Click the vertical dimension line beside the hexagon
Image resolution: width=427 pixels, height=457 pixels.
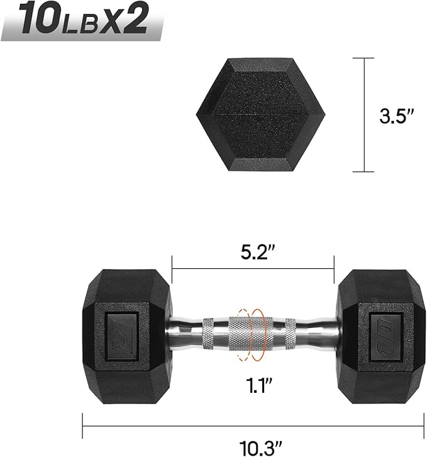tap(364, 115)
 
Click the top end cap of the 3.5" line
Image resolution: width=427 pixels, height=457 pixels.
tap(364, 59)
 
